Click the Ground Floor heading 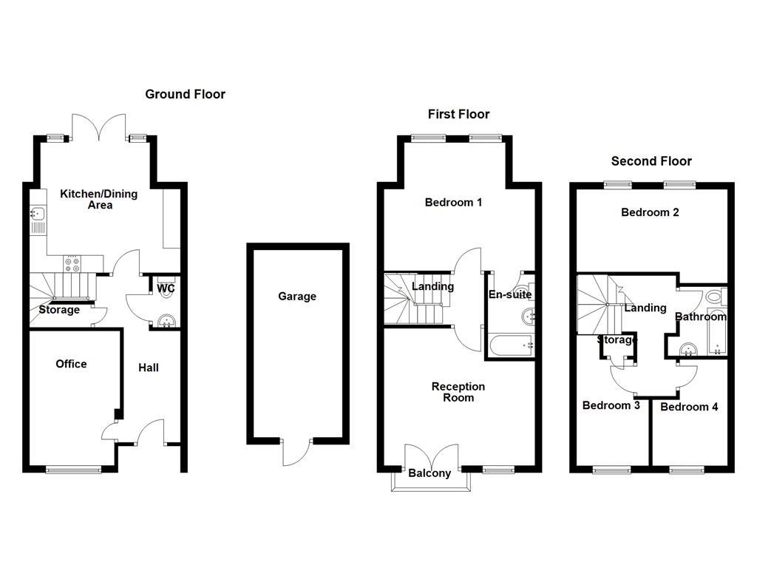pos(185,94)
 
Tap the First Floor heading pos(458,114)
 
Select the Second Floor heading pos(651,161)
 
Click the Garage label pos(297,297)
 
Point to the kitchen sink pos(38,216)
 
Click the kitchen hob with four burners pos(73,263)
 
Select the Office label pos(71,364)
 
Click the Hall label pos(149,368)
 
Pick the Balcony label pos(430,473)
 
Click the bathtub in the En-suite pos(510,345)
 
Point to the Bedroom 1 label pos(453,202)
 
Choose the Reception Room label pos(458,392)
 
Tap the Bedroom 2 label pos(650,212)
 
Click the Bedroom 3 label pos(611,405)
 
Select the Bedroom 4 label pos(689,407)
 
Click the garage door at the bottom pos(296,453)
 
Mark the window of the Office pos(73,469)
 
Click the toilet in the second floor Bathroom pos(714,297)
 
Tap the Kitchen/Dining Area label pos(98,199)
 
